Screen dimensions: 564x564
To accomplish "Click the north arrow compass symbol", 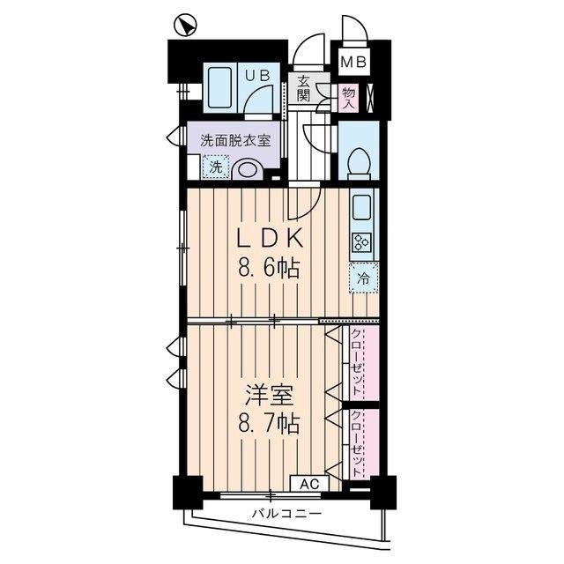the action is coord(185,26).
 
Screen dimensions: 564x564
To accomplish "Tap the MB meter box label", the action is coord(353,63).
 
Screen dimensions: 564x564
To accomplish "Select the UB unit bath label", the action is coord(257,75).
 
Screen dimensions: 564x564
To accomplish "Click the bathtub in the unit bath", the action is coord(219,88).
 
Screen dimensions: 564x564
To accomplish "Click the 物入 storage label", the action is coord(349,98).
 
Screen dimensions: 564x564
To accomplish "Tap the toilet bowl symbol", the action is coord(359,164).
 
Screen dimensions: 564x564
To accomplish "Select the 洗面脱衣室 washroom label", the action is coord(235,140).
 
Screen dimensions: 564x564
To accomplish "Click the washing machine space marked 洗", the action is coord(216,167).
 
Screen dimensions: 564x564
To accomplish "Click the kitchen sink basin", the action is coord(361,208).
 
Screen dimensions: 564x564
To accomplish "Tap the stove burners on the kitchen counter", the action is coord(361,243).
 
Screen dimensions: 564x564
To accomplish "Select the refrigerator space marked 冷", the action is coord(364,278).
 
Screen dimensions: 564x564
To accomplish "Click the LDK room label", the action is coord(269,239).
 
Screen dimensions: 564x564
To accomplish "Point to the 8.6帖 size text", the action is coord(268,268).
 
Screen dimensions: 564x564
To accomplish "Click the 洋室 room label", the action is coord(269,395).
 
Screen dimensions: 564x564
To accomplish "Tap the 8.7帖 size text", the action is coord(268,424).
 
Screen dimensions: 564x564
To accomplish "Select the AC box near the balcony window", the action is coord(309,484).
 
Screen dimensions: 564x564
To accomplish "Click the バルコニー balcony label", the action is coord(286,513).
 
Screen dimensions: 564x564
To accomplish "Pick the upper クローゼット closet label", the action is coord(356,362).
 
